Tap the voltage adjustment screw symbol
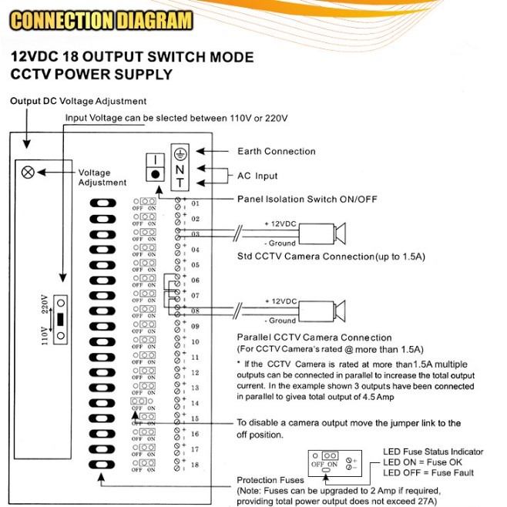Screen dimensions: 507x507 (x=29, y=172)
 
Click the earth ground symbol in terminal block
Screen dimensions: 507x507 (x=178, y=153)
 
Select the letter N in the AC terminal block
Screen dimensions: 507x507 (x=178, y=168)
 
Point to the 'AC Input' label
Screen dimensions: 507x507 (x=257, y=176)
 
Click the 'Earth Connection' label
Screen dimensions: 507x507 (x=276, y=151)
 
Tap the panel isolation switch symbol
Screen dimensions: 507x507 (x=156, y=166)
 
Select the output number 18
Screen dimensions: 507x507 (x=195, y=465)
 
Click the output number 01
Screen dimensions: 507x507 (x=195, y=203)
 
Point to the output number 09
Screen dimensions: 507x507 (x=195, y=327)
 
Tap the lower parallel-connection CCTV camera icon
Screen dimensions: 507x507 (x=324, y=310)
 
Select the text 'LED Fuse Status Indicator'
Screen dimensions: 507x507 (x=433, y=452)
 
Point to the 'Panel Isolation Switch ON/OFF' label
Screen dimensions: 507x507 (x=307, y=199)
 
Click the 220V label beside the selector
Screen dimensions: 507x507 (x=44, y=302)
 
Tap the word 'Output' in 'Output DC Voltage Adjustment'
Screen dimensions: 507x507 (x=26, y=101)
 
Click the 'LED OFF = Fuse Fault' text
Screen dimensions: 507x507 (x=428, y=472)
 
